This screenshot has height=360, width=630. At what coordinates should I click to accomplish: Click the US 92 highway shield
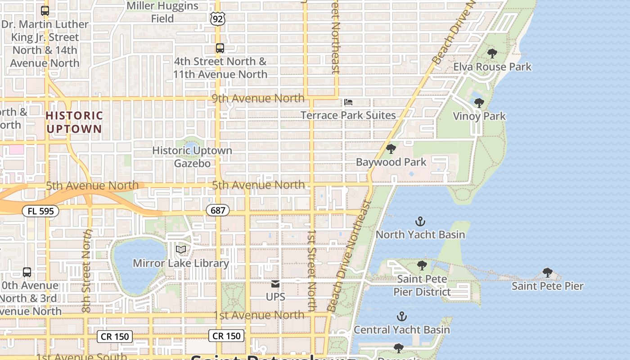pos(217,18)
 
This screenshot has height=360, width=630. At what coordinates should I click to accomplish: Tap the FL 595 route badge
pos(40,211)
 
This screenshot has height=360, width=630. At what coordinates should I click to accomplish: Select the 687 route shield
pos(218,210)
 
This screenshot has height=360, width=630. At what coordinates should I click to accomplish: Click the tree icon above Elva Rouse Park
pos(492,54)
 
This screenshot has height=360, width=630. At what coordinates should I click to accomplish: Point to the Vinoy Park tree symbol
pos(479,103)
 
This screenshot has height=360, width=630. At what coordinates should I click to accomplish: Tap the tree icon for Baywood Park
pos(391,148)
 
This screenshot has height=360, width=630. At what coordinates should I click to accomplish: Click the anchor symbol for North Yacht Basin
pos(420,221)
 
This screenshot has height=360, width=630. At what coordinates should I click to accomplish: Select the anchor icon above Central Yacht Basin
pos(401,316)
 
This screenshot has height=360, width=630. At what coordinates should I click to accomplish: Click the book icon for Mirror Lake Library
pos(181,249)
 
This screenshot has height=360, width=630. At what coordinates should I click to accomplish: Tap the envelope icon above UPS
pos(275,284)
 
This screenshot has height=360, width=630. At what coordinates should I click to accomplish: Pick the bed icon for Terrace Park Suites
pos(348,102)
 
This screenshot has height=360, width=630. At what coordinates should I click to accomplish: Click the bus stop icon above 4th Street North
pos(220,48)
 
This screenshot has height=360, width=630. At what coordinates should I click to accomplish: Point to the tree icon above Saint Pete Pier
pos(547,272)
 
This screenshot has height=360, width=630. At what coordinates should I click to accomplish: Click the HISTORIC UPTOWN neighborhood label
pos(74,122)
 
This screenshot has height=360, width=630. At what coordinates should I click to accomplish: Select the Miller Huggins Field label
pos(162,12)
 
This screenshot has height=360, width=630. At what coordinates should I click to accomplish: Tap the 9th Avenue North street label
pos(258,98)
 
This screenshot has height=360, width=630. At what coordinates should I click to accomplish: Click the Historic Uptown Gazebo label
pos(192,157)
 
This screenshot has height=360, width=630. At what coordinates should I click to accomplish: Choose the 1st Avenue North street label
pos(259,315)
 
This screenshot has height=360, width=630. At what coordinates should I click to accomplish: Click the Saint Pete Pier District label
pos(422,285)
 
